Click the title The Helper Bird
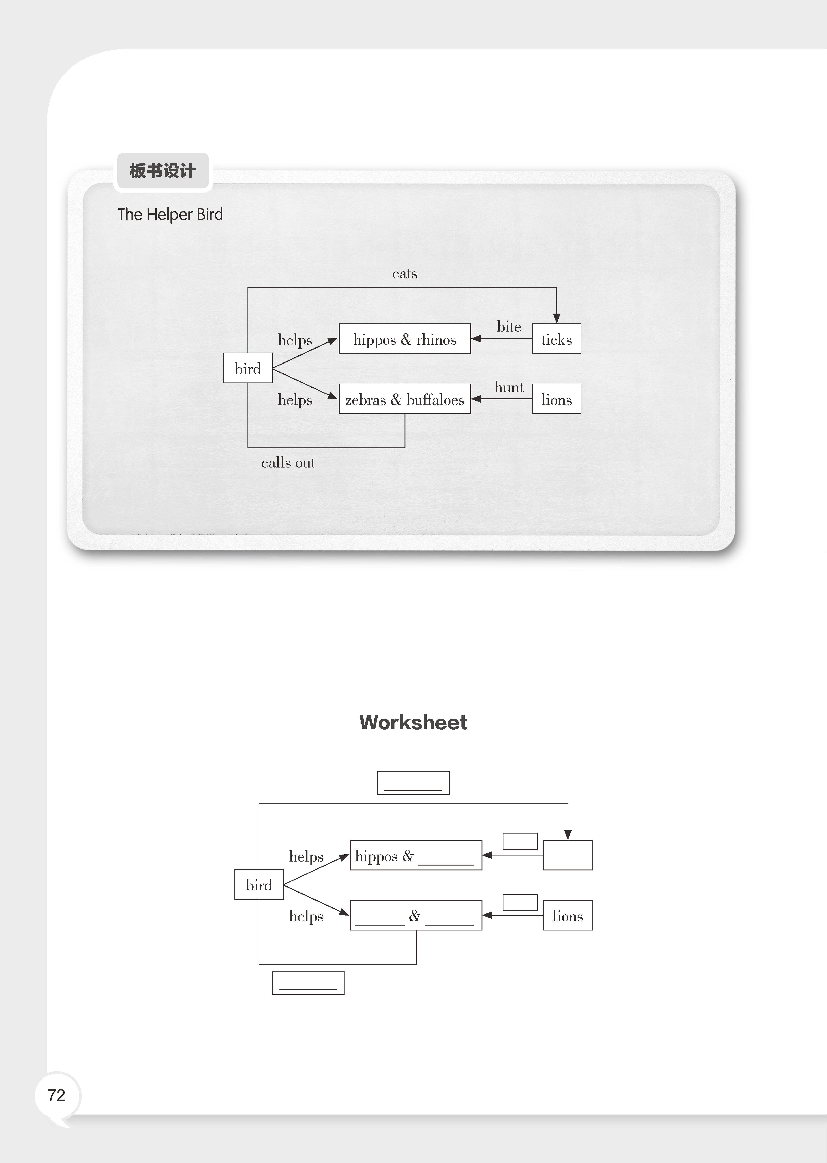[170, 214]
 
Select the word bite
[509, 327]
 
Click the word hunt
[509, 387]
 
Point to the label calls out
[288, 463]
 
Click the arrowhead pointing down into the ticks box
[557, 318]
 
